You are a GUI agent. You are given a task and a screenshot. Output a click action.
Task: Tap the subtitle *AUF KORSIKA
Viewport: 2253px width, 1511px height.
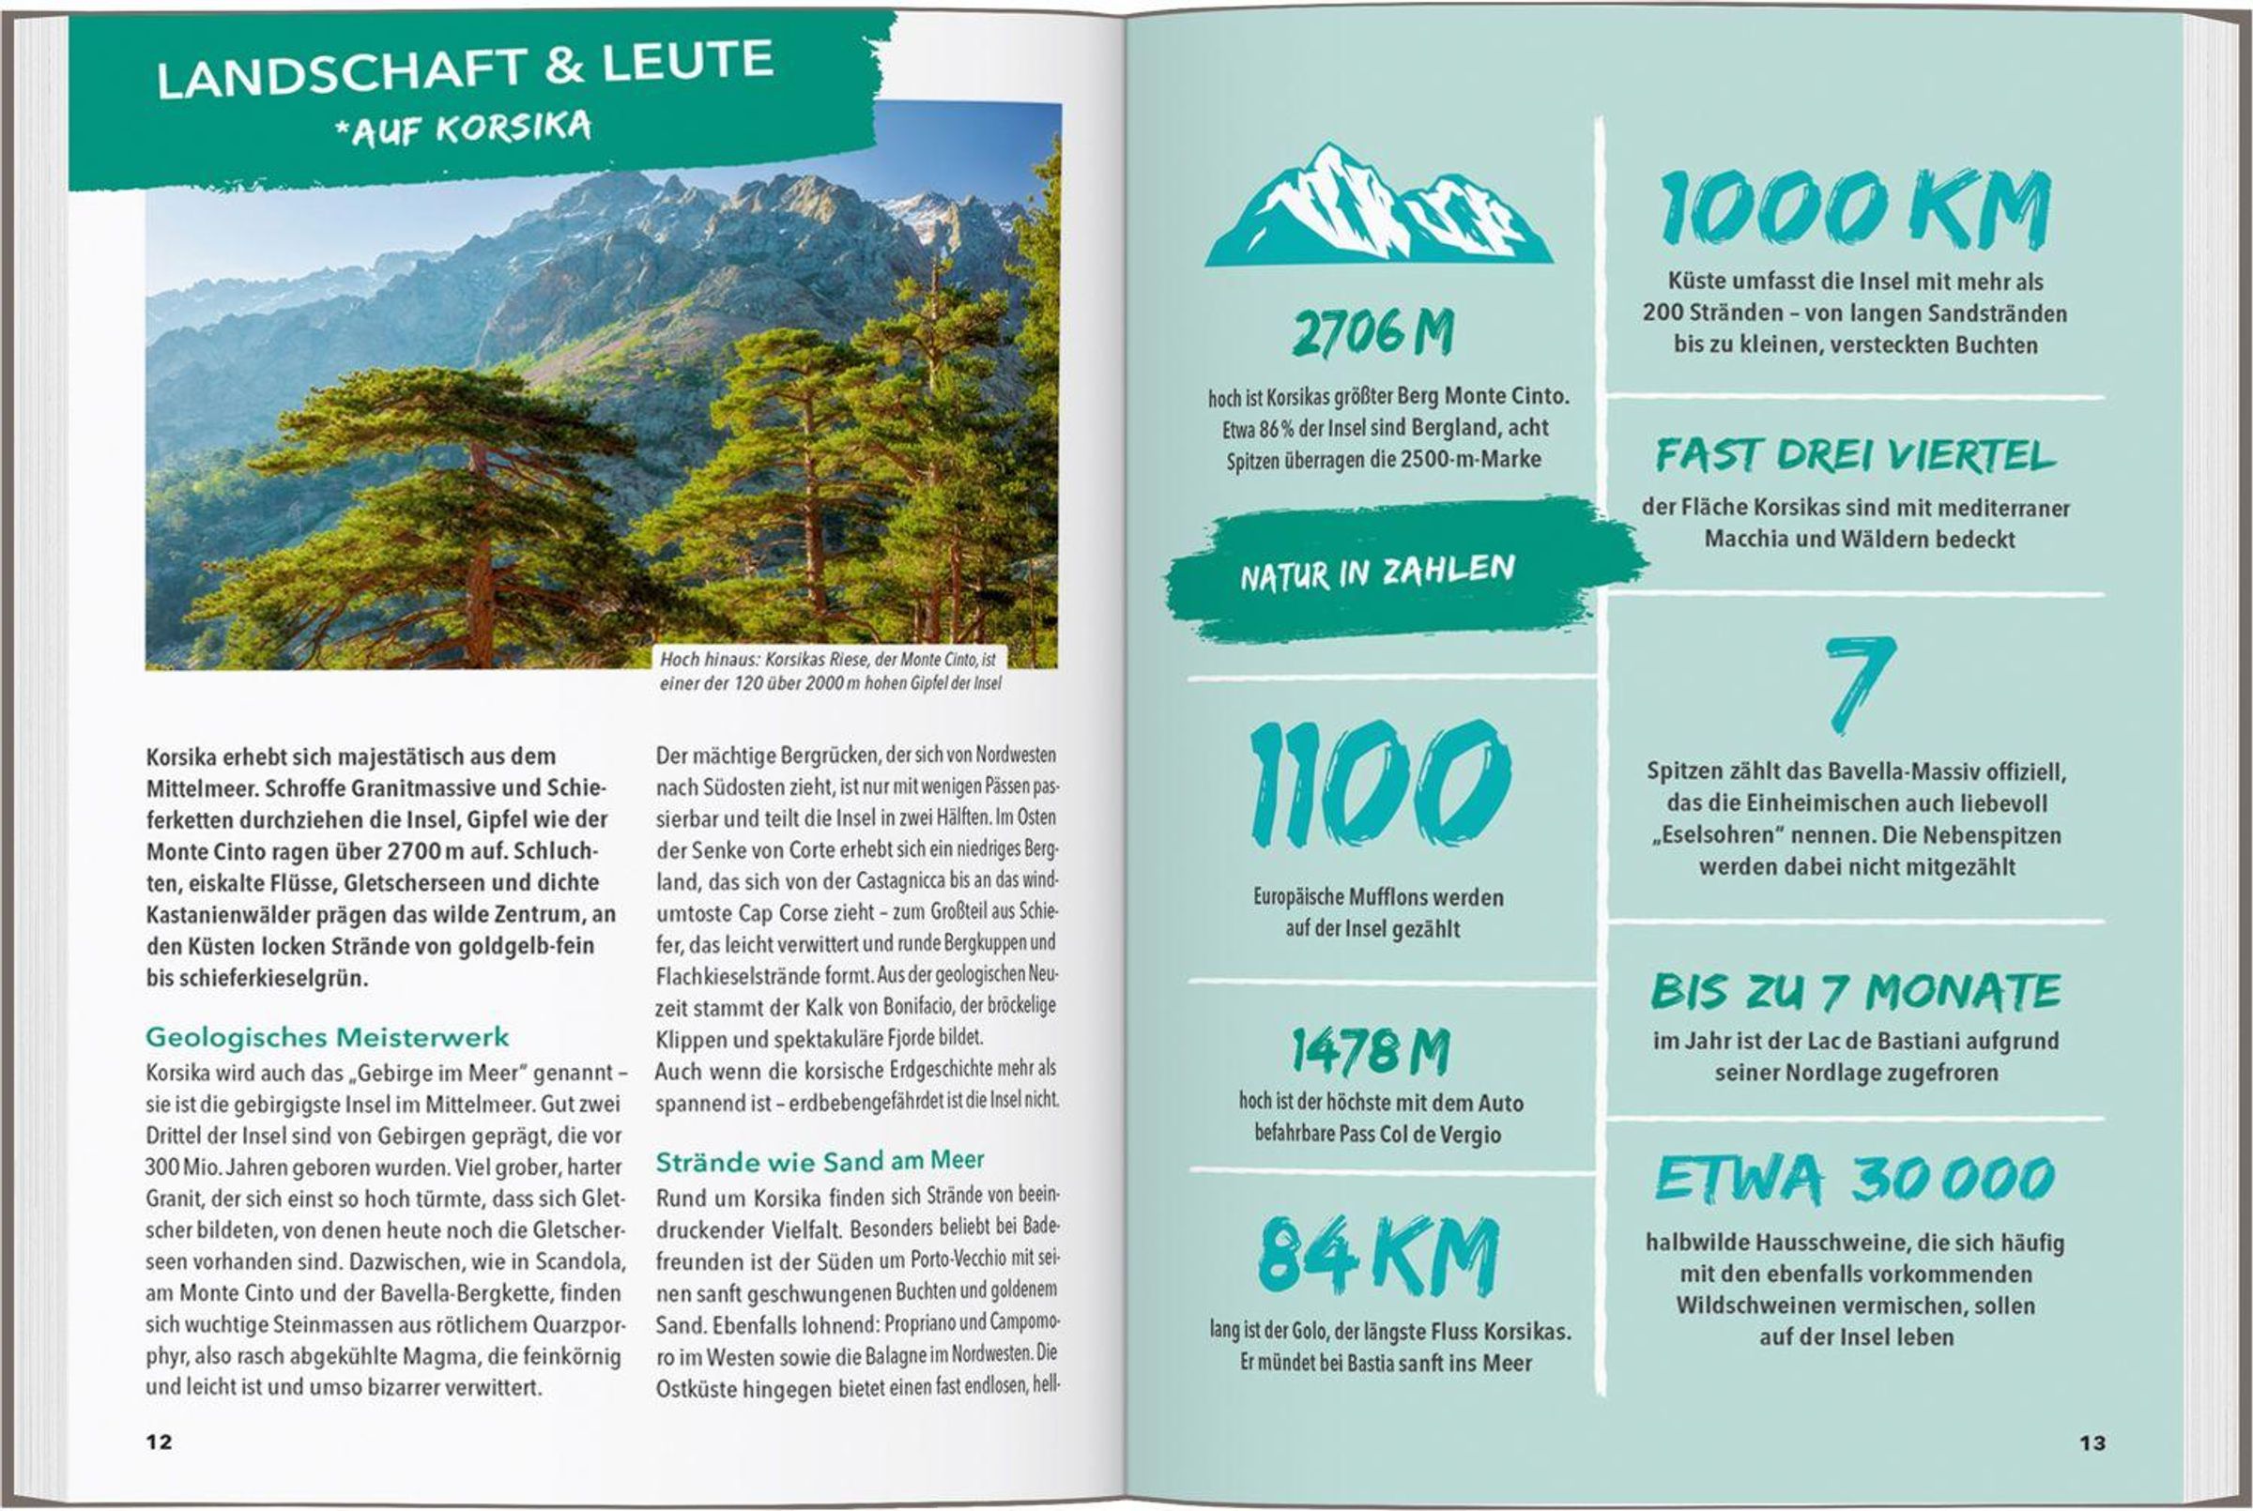click(x=463, y=130)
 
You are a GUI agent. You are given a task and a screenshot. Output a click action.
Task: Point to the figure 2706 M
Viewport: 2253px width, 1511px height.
click(x=1373, y=333)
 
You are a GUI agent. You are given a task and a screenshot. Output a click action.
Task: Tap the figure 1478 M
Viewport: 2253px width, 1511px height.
click(x=1371, y=1050)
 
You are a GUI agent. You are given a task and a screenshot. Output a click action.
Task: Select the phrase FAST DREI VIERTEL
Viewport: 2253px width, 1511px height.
click(x=1855, y=456)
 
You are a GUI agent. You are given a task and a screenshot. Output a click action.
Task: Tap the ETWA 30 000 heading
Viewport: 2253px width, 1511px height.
click(x=1855, y=1179)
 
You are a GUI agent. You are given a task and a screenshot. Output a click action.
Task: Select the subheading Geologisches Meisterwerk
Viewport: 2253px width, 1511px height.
click(x=328, y=1038)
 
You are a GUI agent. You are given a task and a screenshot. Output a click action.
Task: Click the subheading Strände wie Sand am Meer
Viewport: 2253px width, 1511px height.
click(x=820, y=1161)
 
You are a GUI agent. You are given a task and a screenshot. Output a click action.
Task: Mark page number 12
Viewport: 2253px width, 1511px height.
click(x=159, y=1442)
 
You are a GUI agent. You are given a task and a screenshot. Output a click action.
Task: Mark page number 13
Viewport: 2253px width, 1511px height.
click(x=2092, y=1442)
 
